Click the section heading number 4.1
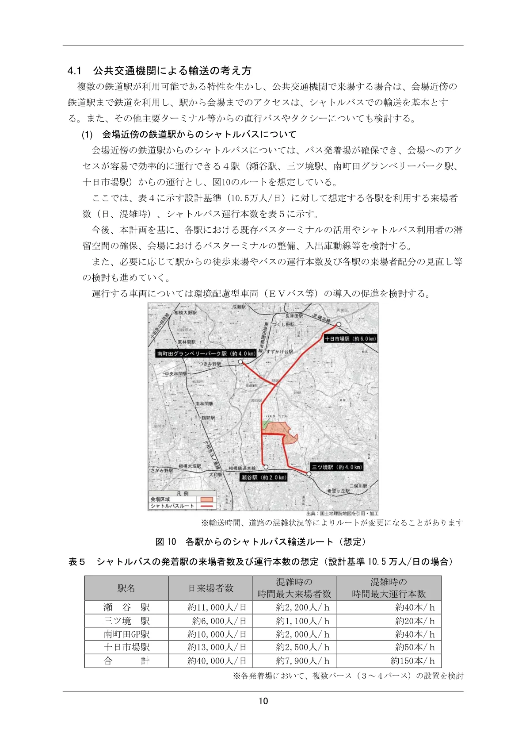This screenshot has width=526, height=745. tap(75, 71)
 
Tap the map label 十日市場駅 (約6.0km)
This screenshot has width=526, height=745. tap(350, 339)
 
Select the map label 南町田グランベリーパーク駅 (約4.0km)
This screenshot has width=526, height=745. tap(206, 353)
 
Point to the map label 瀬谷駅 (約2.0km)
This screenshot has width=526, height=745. tap(264, 477)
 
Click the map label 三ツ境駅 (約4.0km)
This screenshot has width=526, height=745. tap(337, 467)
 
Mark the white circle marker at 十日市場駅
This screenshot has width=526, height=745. tap(339, 324)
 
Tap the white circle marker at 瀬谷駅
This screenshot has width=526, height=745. tap(266, 467)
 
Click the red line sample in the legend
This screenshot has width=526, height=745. tap(207, 506)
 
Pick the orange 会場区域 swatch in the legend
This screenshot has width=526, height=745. tap(207, 499)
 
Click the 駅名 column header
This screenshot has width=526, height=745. tap(126, 588)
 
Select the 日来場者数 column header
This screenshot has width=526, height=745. tap(210, 588)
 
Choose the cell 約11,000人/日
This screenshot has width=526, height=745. tap(217, 607)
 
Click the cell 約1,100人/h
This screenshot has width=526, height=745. tap(302, 621)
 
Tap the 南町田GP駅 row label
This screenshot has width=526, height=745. tap(126, 634)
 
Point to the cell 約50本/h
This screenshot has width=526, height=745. tap(415, 647)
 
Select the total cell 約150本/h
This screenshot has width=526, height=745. tap(412, 661)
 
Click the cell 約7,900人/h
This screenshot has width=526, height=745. tap(302, 661)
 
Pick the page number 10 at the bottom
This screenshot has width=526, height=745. tap(263, 701)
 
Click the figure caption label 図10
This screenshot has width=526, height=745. tap(166, 542)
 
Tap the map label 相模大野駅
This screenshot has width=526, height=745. tap(186, 312)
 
